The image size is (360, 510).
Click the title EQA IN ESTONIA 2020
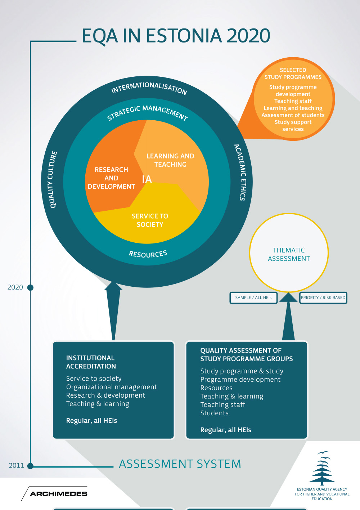pos(176,36)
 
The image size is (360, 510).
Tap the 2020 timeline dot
pos(31,287)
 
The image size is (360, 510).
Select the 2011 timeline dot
pos(31,466)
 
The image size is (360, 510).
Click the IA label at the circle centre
pos(147,179)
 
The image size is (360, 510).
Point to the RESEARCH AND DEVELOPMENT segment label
pos(111,178)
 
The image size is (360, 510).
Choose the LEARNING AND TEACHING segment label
pos(170,160)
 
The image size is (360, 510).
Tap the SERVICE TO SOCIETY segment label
pos(150,220)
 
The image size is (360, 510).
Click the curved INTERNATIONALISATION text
pos(149,88)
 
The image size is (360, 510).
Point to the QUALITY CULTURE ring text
pos(53,179)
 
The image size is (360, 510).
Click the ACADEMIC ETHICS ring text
pos(240,172)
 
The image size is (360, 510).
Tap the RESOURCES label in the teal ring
pos(148,254)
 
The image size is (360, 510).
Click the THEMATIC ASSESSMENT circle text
pos(289,254)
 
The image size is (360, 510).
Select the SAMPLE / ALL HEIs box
pos(253,298)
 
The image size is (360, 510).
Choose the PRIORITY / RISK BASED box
pos(323,298)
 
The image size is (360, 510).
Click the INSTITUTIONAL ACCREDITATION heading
pos(91,362)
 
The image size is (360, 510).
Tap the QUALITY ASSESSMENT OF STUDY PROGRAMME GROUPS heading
pos(246,354)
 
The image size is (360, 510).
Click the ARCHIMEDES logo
pos(58,493)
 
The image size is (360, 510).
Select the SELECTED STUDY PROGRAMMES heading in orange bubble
pos(293,73)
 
